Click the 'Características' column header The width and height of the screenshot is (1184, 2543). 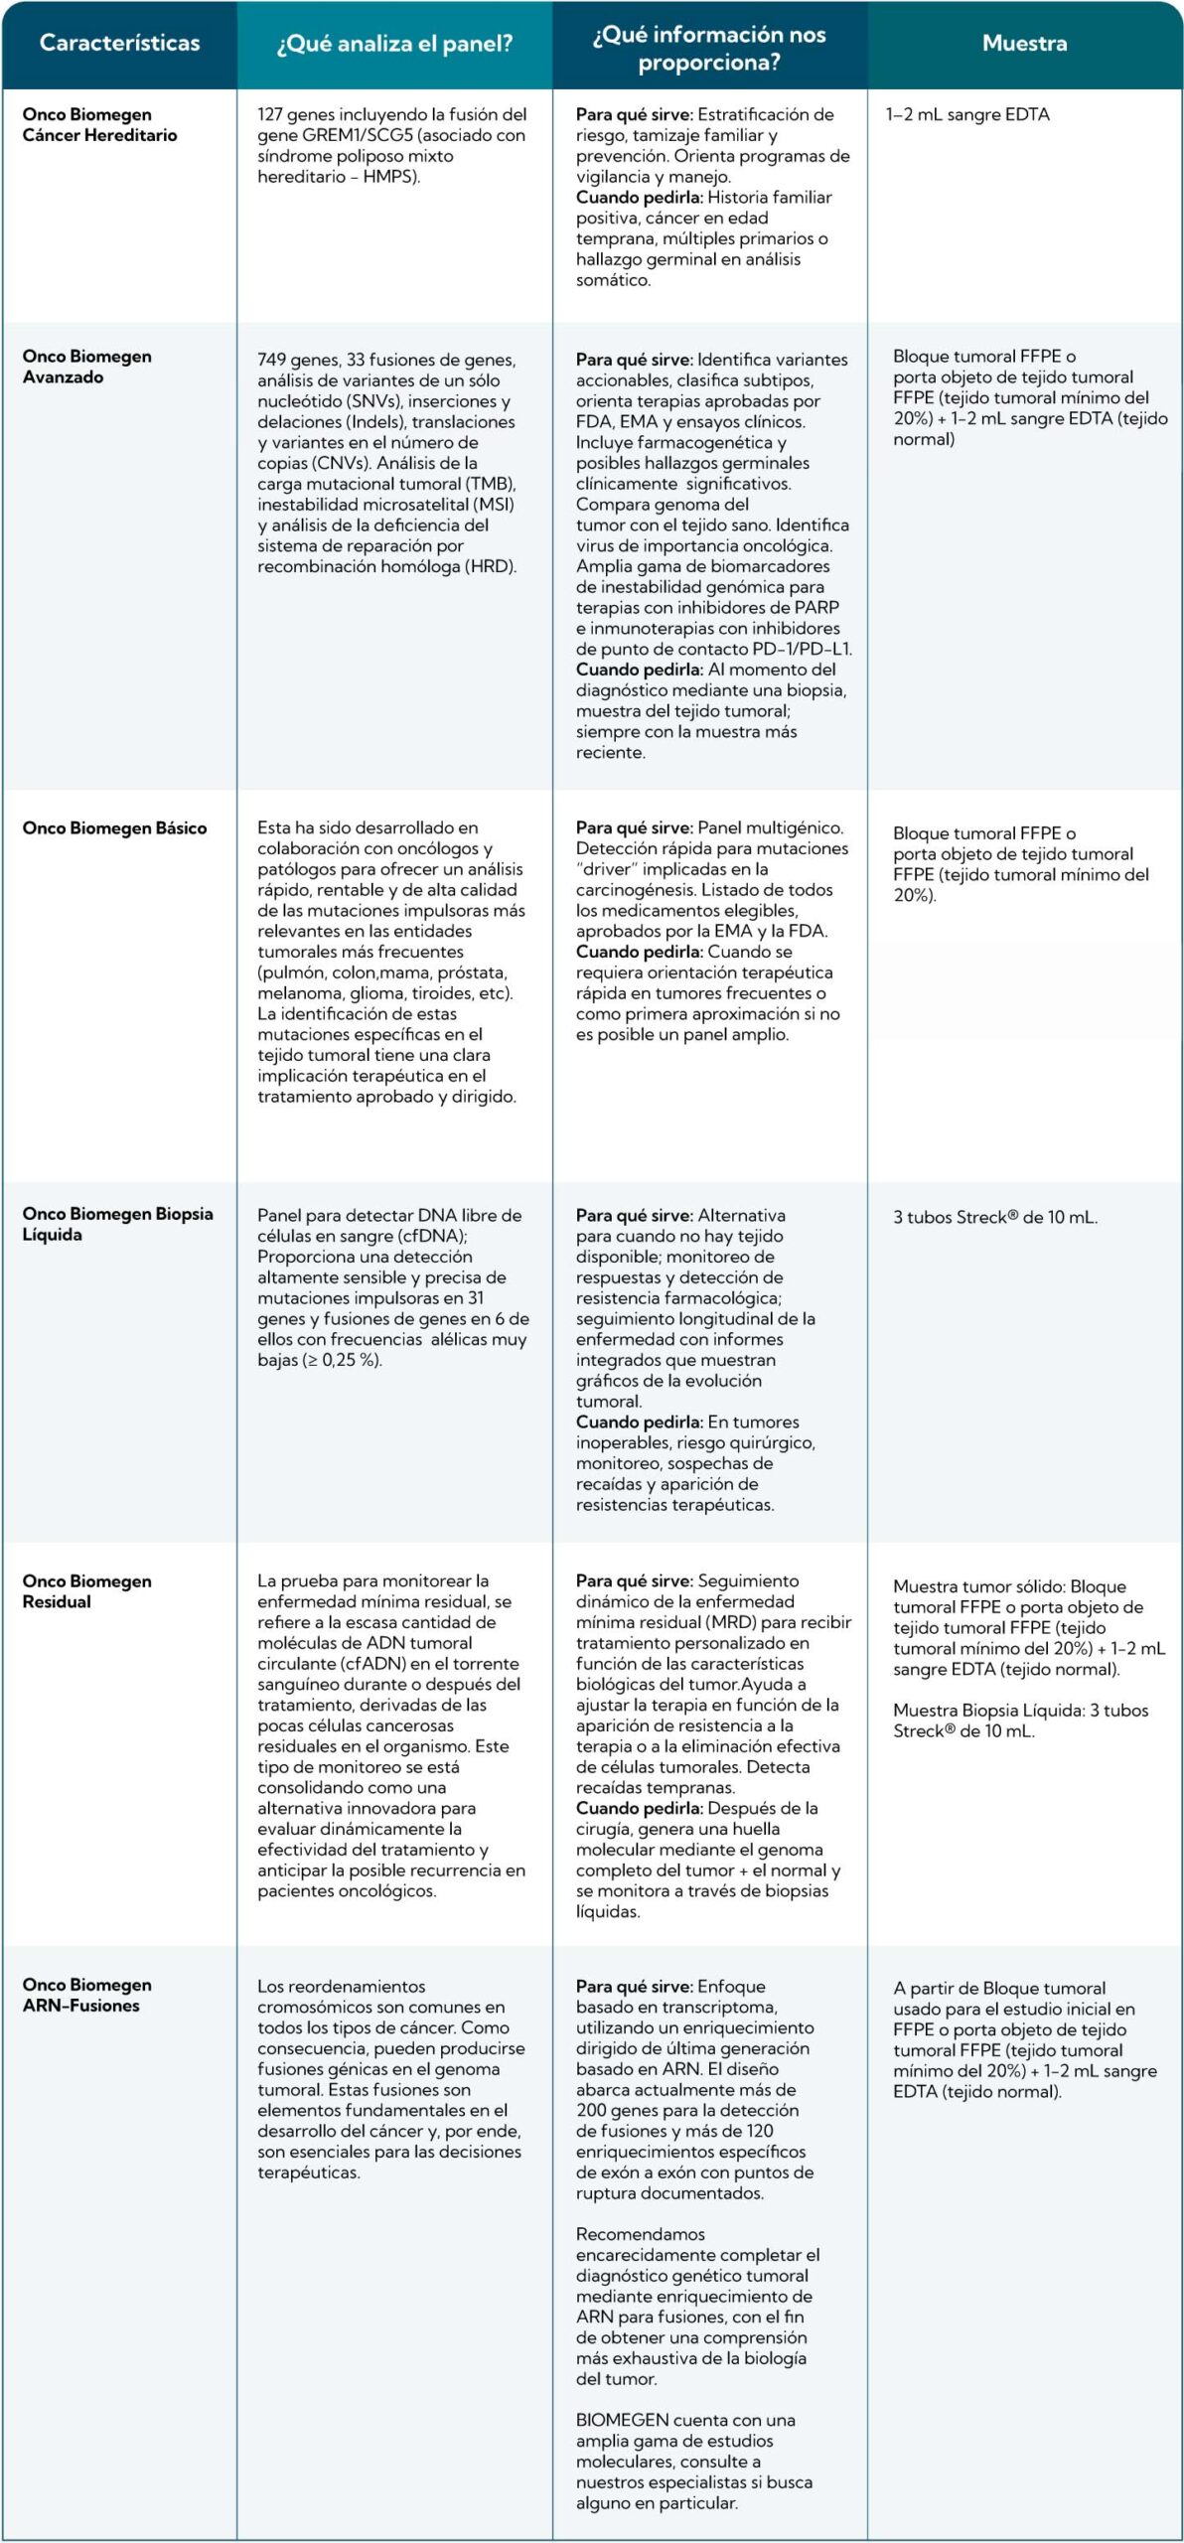point(119,44)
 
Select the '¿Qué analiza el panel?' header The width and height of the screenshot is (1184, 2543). point(394,44)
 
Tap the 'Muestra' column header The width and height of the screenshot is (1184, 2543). point(1024,44)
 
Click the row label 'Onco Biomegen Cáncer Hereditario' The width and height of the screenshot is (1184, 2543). point(99,125)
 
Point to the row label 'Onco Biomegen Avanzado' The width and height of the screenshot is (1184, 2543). point(87,367)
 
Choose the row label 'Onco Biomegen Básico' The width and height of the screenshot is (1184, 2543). point(114,828)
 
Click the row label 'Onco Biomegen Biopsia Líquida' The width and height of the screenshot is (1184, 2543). point(117,1224)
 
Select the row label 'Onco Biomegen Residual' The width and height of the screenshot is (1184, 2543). point(87,1591)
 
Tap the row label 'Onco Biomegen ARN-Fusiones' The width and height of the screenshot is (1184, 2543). point(87,1995)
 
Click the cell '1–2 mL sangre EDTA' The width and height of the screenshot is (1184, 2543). point(967,115)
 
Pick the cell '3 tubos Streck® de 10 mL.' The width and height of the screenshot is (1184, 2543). point(995,1218)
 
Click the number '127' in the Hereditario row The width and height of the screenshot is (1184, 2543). point(270,115)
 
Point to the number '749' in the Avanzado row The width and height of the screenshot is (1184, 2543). point(271,361)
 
